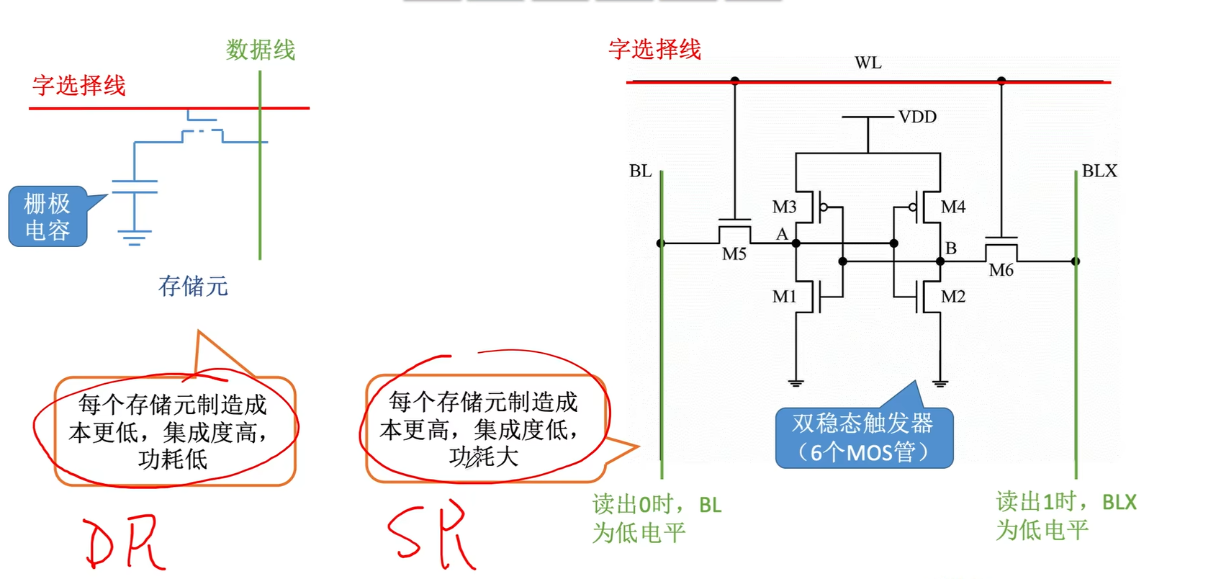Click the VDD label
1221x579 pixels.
917,117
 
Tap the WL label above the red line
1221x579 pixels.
868,63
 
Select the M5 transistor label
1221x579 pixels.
734,254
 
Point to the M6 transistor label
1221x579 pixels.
1001,271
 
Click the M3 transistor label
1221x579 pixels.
784,207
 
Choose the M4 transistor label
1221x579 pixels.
952,207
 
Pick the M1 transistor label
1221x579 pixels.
784,297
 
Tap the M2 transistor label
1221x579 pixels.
952,297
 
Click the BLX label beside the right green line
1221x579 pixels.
1099,171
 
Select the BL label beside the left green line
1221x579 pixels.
640,171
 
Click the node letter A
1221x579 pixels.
782,234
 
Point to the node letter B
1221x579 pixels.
950,248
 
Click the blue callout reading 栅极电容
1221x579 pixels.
48,217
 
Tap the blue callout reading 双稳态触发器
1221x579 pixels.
863,438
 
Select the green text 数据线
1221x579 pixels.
261,50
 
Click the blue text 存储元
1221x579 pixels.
193,287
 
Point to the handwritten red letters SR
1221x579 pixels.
431,537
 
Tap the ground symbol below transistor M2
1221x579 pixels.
940,383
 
